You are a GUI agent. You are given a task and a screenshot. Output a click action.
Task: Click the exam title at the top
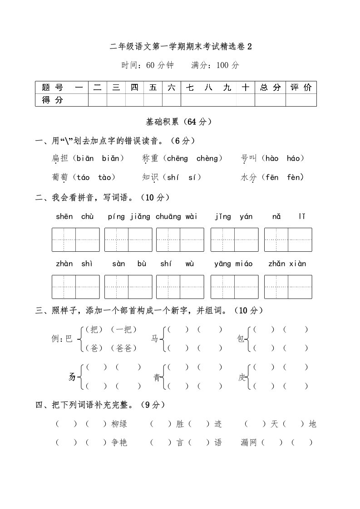pos(180,46)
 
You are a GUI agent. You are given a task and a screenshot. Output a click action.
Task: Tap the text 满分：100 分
pos(215,65)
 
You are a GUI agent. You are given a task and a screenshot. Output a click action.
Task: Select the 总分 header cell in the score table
pos(270,88)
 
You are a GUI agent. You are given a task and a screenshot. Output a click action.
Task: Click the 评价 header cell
pos(301,88)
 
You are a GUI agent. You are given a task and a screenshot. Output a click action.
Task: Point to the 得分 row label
pos(53,100)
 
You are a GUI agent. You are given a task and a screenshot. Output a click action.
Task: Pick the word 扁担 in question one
pos(60,158)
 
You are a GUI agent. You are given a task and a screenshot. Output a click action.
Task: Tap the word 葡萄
pos(60,177)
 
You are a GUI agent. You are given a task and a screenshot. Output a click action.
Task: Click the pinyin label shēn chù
pos(75,217)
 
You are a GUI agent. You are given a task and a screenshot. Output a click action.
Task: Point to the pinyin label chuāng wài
pos(177,217)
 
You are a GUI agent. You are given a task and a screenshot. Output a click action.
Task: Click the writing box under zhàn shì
pos(76,287)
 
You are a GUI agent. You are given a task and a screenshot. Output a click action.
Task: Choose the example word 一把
pos(123,329)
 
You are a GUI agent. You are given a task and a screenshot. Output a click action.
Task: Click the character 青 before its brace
pos(157,377)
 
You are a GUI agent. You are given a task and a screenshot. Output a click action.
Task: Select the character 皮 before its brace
pos(242,377)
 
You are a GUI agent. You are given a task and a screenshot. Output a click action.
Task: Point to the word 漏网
pos(249,443)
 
